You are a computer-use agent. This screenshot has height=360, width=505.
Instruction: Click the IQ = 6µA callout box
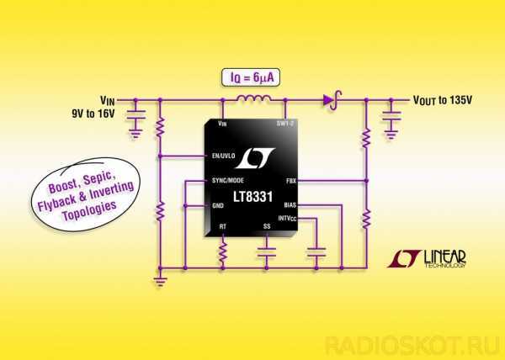(251, 77)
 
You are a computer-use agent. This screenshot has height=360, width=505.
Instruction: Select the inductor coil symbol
(254, 98)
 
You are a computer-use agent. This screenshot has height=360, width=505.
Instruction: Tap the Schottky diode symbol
(332, 100)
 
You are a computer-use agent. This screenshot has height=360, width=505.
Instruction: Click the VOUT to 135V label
(443, 100)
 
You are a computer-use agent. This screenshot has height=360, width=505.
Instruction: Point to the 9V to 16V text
(93, 114)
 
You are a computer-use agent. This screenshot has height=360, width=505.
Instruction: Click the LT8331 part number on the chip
(252, 197)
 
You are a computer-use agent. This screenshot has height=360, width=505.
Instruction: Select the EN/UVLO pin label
(224, 156)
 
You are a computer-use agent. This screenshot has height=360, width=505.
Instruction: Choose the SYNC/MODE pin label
(228, 180)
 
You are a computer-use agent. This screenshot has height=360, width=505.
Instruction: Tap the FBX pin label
(291, 181)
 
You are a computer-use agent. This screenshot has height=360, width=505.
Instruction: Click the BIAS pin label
(290, 205)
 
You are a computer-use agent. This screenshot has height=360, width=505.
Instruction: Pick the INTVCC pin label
(287, 219)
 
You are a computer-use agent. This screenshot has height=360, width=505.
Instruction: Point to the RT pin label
(222, 226)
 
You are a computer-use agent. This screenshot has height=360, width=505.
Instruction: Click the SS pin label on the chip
(267, 226)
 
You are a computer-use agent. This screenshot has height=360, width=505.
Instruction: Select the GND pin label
(218, 205)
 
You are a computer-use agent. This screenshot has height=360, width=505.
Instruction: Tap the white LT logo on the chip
(254, 158)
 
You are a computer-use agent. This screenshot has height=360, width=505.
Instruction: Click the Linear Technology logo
(427, 259)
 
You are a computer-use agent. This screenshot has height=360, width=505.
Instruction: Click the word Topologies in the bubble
(89, 211)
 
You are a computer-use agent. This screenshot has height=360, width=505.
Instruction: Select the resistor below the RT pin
(222, 251)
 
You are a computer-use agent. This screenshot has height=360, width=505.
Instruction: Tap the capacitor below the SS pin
(266, 252)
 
